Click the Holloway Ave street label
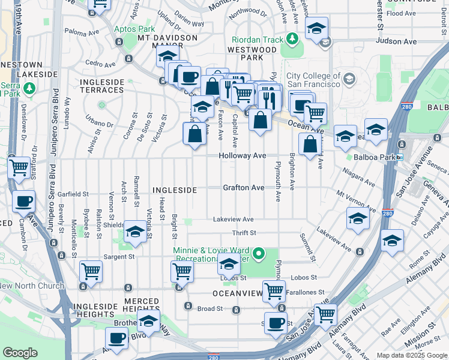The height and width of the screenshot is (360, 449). point(242,155)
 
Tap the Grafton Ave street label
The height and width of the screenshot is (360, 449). point(243,188)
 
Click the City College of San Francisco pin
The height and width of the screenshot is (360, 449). point(348,79)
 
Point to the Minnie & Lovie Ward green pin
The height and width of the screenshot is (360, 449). point(259,254)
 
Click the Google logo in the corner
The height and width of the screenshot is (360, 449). point(20,353)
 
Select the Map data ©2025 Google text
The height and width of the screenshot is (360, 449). point(412,355)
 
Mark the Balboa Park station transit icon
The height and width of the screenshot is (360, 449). point(399,157)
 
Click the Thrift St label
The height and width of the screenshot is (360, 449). point(244,233)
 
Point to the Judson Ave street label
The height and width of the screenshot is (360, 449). point(396,41)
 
